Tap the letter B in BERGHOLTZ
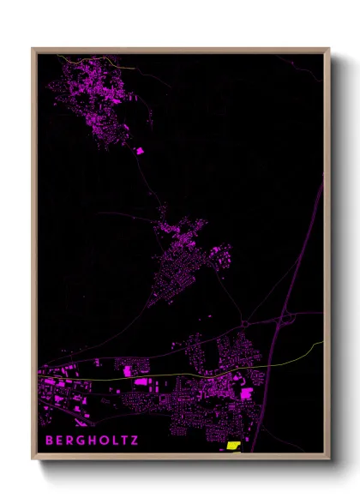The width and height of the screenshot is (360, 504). click(x=49, y=441)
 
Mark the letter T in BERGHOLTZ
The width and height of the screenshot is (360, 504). click(x=122, y=441)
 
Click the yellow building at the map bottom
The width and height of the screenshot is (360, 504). click(x=233, y=446)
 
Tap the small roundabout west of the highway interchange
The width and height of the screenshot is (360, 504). click(x=243, y=324)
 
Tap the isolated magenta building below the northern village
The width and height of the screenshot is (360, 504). click(x=141, y=151)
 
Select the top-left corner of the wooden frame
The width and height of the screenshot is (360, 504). click(x=33, y=50)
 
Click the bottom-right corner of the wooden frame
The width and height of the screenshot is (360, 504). click(x=328, y=459)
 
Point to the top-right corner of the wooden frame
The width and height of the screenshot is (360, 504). click(x=328, y=50)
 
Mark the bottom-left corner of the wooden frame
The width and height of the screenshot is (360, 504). click(x=33, y=459)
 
